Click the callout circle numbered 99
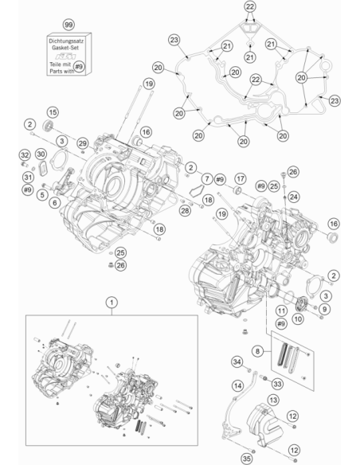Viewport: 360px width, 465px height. (x=68, y=25)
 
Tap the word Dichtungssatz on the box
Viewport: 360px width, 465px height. (x=66, y=41)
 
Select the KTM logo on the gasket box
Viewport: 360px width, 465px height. (x=66, y=56)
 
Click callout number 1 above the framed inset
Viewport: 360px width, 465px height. (x=112, y=303)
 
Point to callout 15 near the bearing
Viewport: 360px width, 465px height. (x=53, y=112)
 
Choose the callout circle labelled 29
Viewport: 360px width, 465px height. (x=83, y=143)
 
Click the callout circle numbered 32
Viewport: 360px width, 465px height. (x=25, y=154)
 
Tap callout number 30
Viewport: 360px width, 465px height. (x=41, y=154)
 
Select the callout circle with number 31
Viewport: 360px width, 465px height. (x=28, y=178)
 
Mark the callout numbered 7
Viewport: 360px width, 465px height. (x=207, y=178)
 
